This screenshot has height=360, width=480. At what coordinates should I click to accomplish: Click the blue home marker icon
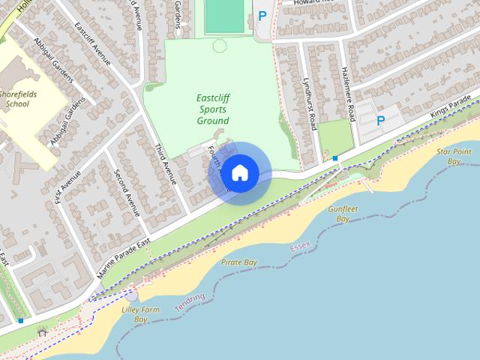(240, 173)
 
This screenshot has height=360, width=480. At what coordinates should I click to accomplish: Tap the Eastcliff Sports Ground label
(212, 109)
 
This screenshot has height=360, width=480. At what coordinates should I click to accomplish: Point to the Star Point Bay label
(453, 156)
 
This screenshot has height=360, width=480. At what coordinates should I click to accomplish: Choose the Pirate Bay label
(239, 262)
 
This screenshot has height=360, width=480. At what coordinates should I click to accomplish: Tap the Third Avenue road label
(165, 163)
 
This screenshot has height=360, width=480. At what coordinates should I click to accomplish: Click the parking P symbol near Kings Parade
(380, 121)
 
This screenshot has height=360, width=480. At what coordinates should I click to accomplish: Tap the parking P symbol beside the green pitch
(262, 15)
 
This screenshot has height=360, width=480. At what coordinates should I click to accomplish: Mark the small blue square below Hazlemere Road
(334, 158)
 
